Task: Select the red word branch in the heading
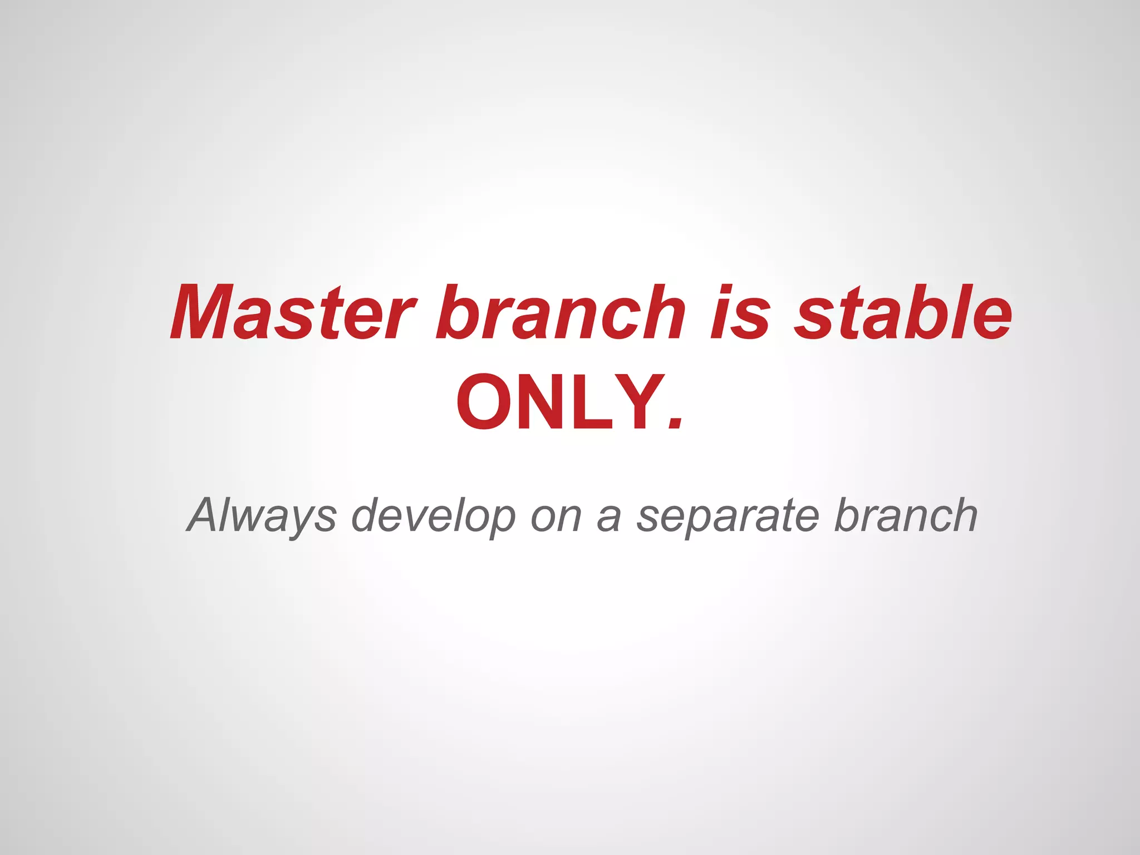(560, 313)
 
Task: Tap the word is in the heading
(741, 313)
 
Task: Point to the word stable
(902, 313)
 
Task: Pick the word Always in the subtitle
(262, 515)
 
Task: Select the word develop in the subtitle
(434, 515)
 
